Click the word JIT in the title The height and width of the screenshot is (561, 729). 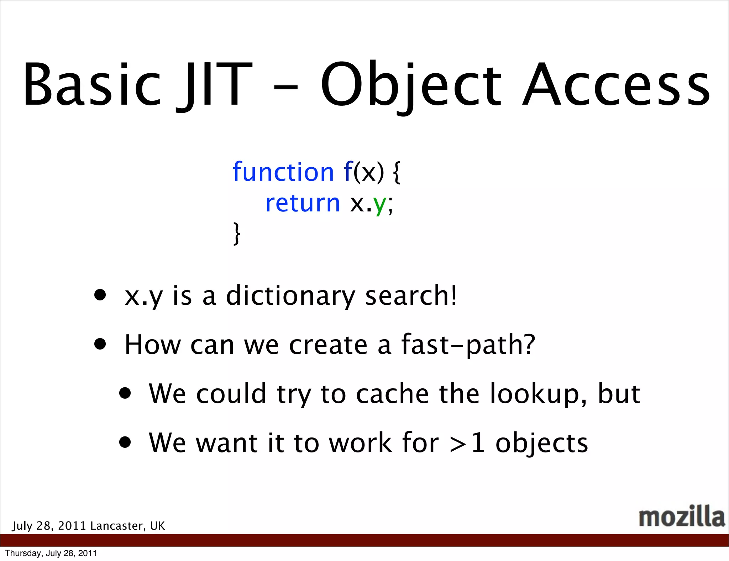pyautogui.click(x=214, y=85)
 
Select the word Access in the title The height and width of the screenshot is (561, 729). pyautogui.click(x=616, y=85)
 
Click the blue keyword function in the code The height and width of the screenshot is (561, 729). pyautogui.click(x=283, y=172)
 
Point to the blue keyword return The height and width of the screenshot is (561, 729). pyautogui.click(x=303, y=204)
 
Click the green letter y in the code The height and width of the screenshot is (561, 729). pyautogui.click(x=380, y=205)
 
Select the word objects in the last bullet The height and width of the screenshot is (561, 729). pyautogui.click(x=542, y=444)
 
